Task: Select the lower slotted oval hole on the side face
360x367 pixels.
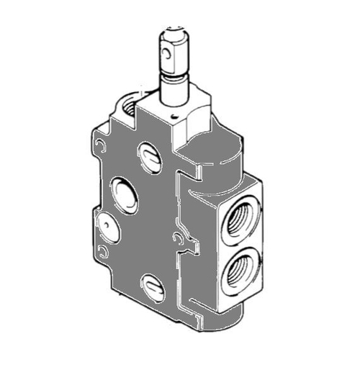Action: coord(152,284)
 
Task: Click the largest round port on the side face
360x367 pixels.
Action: coord(123,195)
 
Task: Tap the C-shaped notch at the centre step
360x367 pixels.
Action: coord(176,237)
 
